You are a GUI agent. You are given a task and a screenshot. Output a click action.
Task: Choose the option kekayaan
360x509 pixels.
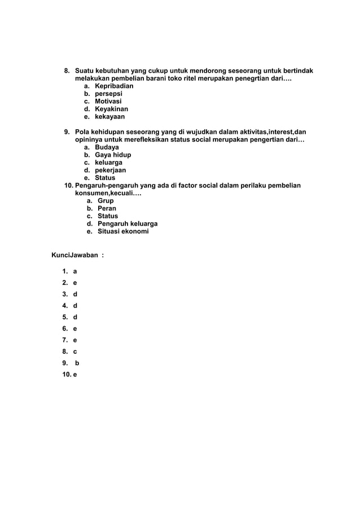[109, 117]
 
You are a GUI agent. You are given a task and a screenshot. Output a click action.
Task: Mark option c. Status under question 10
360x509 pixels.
[108, 216]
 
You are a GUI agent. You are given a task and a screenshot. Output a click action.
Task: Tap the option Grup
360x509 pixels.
[106, 201]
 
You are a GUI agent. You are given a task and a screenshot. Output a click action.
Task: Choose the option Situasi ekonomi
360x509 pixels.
[123, 231]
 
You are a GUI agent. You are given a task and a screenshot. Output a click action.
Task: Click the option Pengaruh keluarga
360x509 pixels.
[128, 224]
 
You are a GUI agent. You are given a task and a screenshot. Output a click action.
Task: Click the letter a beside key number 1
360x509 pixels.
[75, 271]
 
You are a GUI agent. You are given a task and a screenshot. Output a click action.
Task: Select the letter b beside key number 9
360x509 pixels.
[77, 363]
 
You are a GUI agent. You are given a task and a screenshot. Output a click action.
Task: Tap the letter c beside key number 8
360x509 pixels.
[75, 351]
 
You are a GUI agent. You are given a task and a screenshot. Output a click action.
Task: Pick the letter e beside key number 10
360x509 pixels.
[75, 374]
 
